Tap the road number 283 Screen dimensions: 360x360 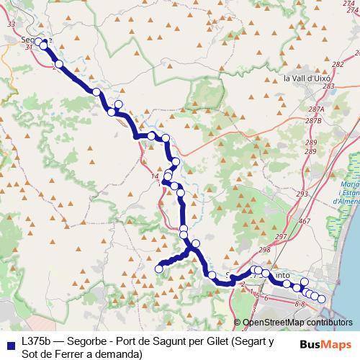(329, 86)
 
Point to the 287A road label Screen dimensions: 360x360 (315, 109)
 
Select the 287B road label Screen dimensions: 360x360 (312, 121)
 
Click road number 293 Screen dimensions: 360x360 (302, 194)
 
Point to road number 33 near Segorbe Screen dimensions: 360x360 (10, 24)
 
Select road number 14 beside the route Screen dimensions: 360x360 (154, 176)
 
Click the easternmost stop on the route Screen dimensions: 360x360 (322, 299)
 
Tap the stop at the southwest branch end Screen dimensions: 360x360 (159, 269)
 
